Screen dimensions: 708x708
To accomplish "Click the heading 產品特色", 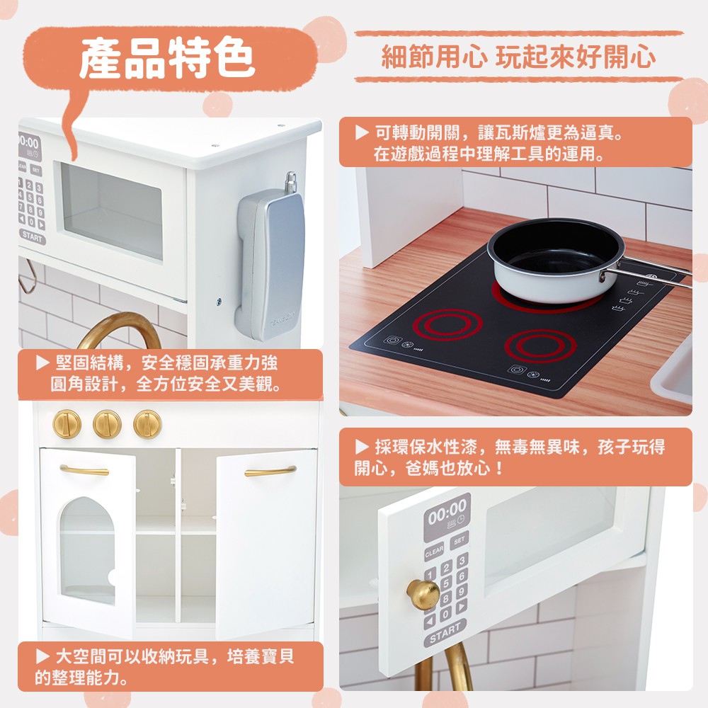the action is [167, 58].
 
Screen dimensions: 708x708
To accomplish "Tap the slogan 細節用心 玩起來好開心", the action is [518, 57].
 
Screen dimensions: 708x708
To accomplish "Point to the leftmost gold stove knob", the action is [67, 424].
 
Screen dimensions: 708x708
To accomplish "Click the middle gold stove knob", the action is [107, 424].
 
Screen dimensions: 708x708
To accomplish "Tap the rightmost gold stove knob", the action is [147, 424].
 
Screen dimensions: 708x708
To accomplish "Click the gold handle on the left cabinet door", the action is [84, 470].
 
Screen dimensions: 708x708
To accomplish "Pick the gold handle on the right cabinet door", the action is [270, 471].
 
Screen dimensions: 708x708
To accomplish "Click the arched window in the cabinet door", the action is [87, 550].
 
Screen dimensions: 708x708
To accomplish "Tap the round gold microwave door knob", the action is [423, 594].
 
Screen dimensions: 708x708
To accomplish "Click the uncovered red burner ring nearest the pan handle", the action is [540, 346].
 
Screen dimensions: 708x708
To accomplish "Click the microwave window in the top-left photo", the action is [112, 211].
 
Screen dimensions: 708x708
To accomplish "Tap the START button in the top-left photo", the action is [32, 236].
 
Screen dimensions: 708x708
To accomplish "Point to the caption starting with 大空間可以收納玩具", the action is [165, 666].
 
